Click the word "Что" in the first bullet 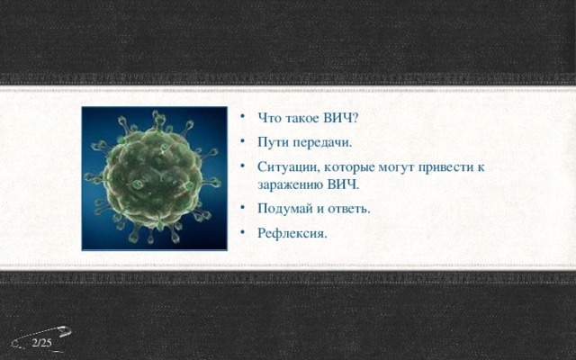[270, 118]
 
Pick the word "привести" [455, 167]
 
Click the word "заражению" [291, 184]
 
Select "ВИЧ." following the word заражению [343, 184]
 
